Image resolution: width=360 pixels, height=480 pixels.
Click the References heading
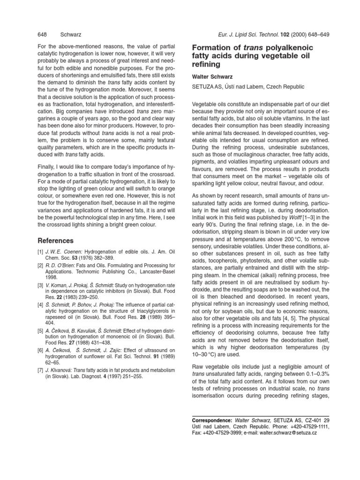(x=56, y=240)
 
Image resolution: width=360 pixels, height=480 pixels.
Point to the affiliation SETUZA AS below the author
(x=211, y=86)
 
